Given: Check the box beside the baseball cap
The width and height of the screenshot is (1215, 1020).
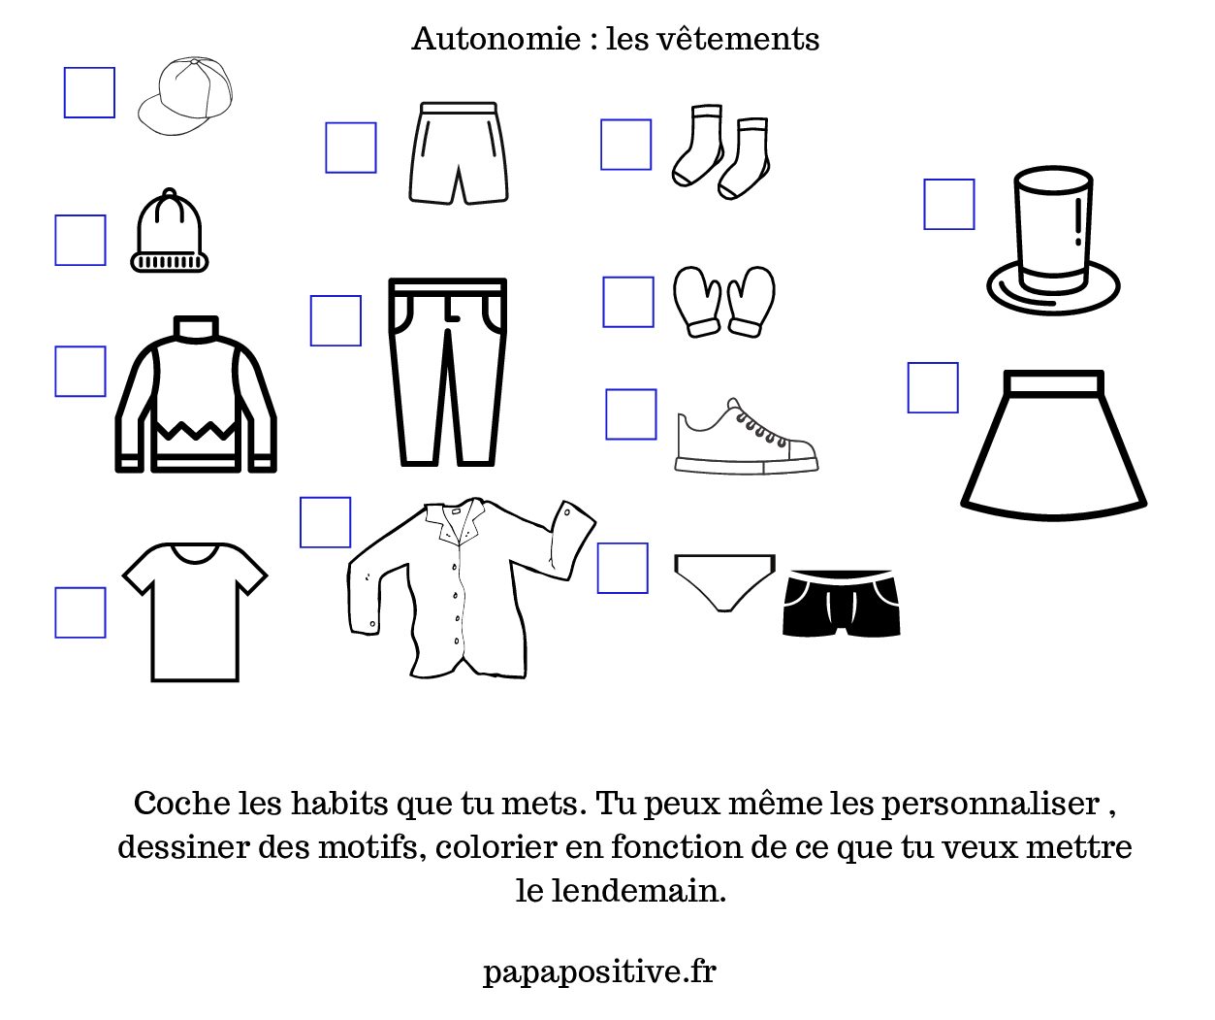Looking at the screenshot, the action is click(x=89, y=92).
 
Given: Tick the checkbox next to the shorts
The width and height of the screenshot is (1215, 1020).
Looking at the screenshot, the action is click(x=350, y=148).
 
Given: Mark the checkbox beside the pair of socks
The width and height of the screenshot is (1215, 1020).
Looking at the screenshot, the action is click(x=625, y=145).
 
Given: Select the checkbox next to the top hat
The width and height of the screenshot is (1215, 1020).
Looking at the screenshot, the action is click(x=948, y=204).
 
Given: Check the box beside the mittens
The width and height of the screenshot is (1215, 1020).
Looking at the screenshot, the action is click(x=628, y=302).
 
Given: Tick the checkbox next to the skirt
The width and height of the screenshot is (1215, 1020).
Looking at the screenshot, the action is click(x=932, y=387).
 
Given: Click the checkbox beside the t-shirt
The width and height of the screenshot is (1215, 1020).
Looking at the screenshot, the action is click(x=80, y=612).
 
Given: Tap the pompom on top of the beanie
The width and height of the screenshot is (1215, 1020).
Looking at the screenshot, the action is click(x=170, y=193).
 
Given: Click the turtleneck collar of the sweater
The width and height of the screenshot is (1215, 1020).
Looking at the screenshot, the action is click(x=196, y=326).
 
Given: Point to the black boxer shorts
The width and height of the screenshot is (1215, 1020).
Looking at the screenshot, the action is click(x=841, y=604).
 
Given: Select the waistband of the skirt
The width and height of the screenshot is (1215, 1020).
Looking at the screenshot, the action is click(x=1053, y=383).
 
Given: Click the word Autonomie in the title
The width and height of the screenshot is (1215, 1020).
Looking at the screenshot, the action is click(x=496, y=40).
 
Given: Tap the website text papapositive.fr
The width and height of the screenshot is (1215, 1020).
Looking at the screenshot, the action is click(x=599, y=971).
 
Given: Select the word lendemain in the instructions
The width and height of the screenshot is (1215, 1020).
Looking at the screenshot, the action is click(x=638, y=891).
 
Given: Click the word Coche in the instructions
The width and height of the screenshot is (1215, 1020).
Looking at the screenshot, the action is click(x=181, y=804).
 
